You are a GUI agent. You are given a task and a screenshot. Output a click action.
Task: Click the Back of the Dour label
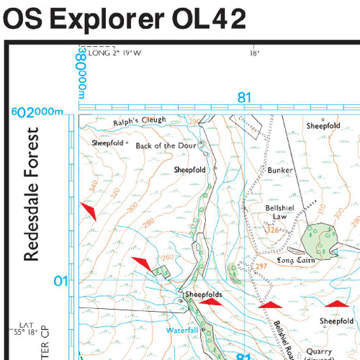click(x=166, y=145)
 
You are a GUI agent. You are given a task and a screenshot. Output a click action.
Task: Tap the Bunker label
click(x=280, y=171)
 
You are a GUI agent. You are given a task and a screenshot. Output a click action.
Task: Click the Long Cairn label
click(x=297, y=261)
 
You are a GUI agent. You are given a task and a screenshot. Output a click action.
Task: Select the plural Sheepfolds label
click(x=203, y=295)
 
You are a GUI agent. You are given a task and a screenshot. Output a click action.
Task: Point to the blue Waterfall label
click(x=182, y=330)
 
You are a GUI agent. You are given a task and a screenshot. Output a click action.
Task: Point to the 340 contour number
click(x=92, y=186)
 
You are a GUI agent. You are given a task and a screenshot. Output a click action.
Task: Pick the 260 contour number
click(x=168, y=258)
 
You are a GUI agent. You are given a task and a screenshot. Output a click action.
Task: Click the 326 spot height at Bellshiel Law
click(x=272, y=230)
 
